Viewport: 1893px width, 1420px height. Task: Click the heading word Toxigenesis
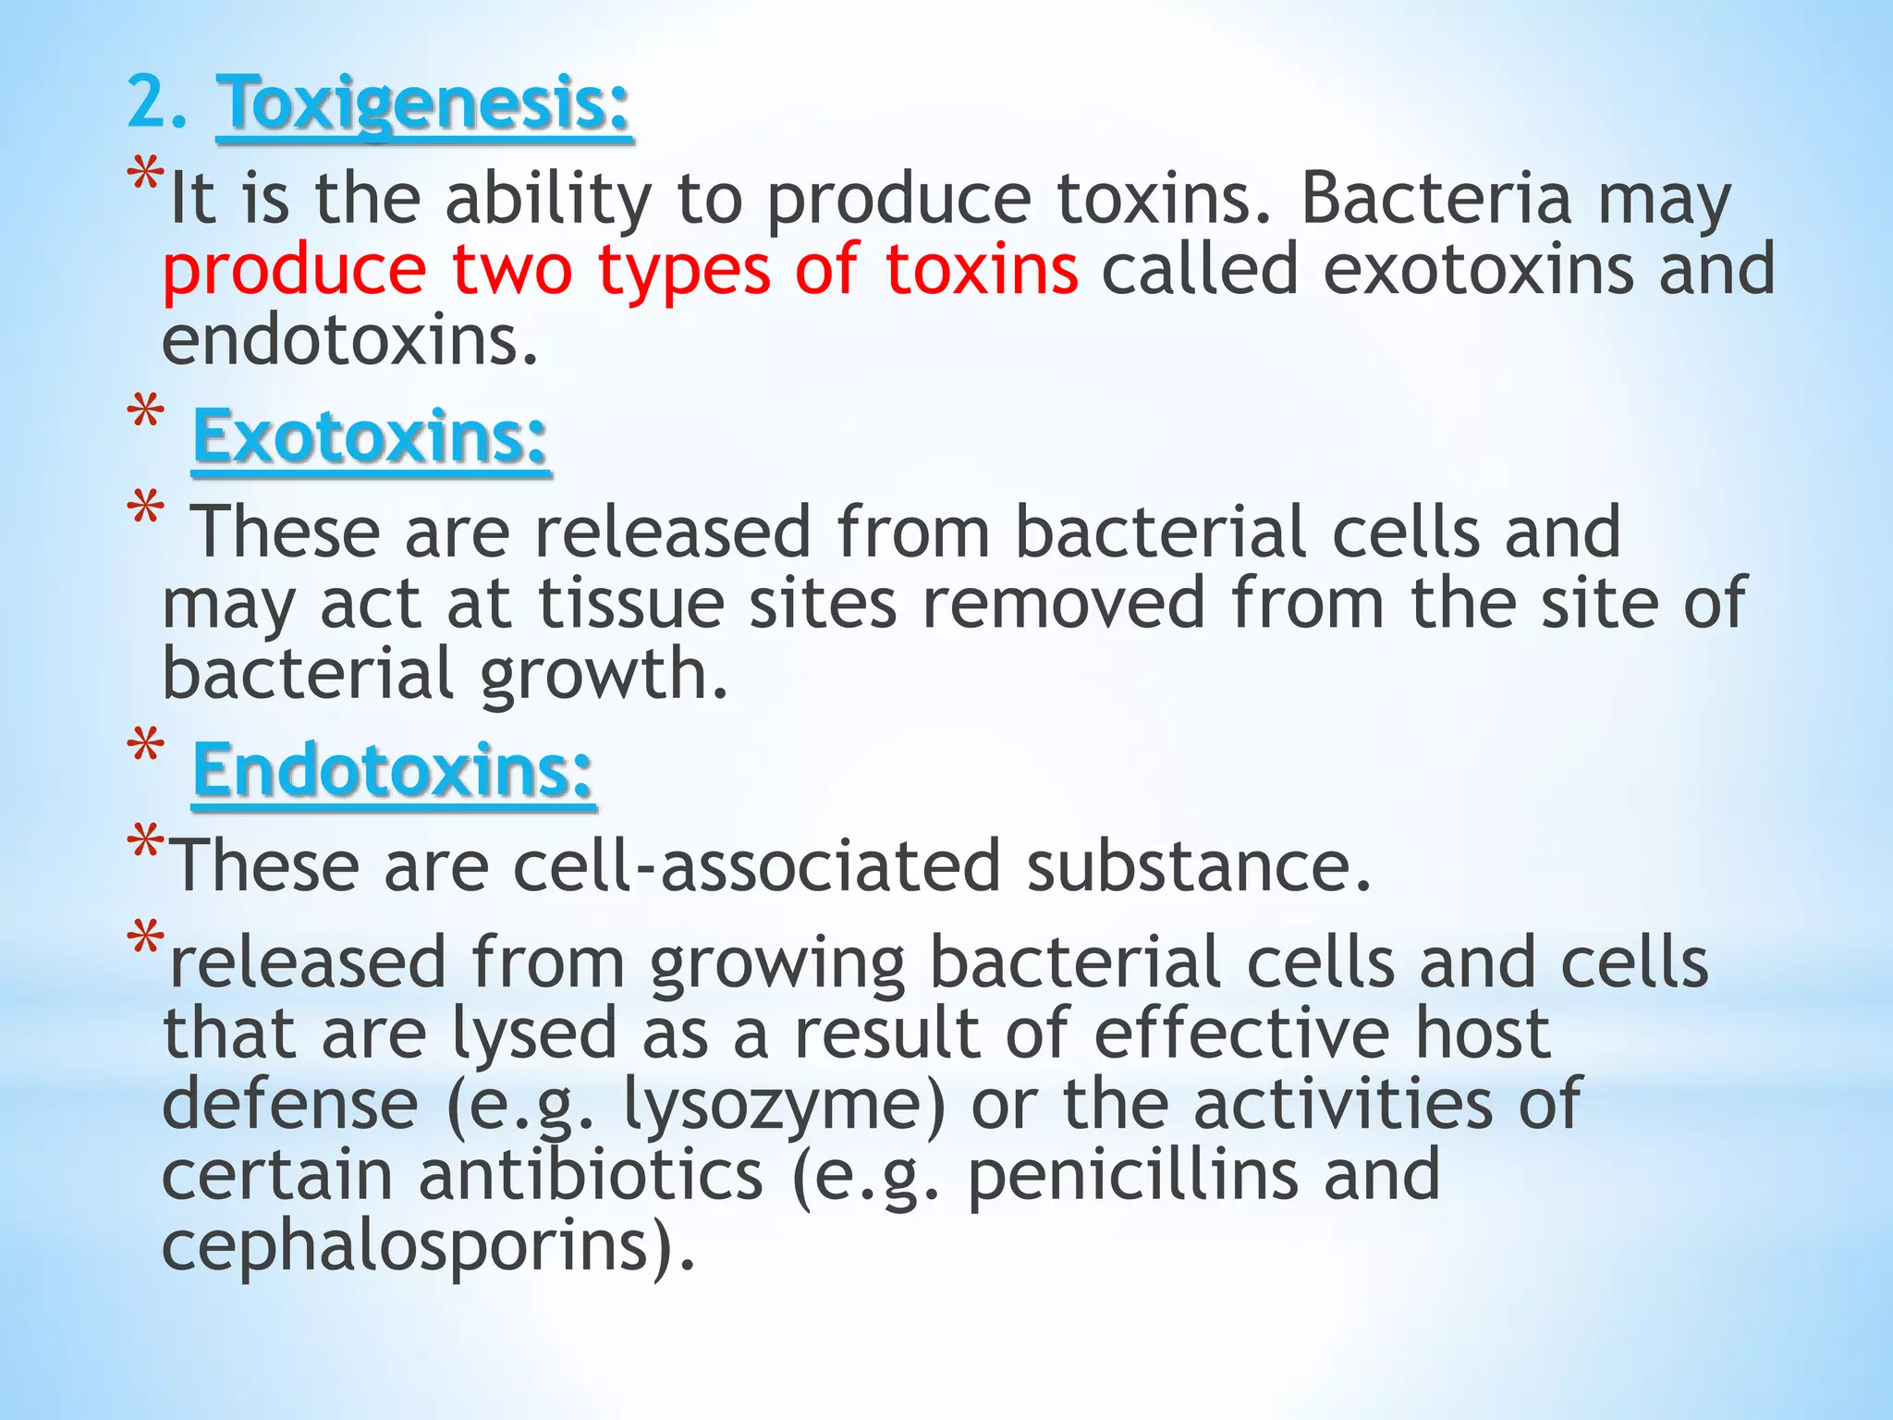[423, 104]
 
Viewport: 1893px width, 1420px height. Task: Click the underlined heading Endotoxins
[393, 770]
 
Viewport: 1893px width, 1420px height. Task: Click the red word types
[684, 270]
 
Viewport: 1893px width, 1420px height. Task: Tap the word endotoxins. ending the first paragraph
[349, 339]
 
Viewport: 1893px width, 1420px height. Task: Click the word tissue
[630, 602]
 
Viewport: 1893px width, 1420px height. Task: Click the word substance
[1198, 866]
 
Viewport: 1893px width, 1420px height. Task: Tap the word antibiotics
[591, 1175]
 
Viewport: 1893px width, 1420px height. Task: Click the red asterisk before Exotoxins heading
[147, 413]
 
